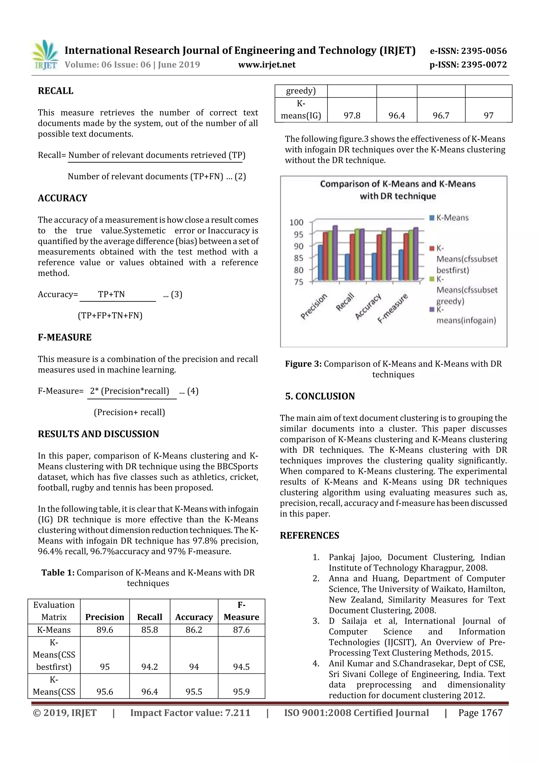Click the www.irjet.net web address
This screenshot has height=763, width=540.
[267, 65]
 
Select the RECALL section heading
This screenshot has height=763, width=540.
[56, 91]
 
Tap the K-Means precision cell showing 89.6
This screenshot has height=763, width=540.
[104, 630]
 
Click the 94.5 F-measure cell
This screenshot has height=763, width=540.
[241, 667]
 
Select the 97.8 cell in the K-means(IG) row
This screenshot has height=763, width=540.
[352, 116]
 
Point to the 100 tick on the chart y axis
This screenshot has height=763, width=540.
[296, 222]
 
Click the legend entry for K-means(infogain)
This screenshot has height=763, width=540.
[466, 315]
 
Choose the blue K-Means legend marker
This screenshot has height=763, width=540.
[432, 218]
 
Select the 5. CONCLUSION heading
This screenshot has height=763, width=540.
[320, 396]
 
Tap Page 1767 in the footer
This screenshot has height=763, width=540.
[480, 713]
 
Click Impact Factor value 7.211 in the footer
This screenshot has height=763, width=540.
[190, 713]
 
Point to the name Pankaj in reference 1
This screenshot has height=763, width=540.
[342, 557]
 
